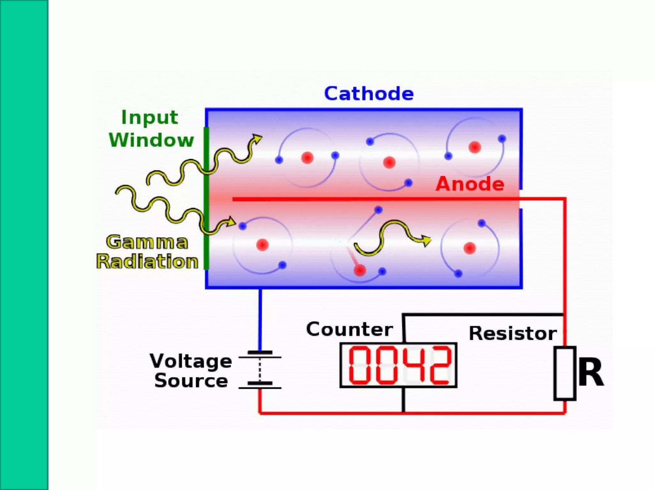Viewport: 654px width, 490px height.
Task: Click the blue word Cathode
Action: [369, 94]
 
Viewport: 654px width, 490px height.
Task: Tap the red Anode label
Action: [470, 184]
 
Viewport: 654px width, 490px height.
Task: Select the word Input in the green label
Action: [149, 117]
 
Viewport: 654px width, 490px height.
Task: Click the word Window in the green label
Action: [151, 140]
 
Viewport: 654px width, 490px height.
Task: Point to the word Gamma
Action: [147, 242]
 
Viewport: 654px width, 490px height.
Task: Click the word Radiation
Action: [147, 262]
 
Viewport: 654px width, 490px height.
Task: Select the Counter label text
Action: [349, 329]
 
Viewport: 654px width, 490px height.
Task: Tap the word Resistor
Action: [513, 333]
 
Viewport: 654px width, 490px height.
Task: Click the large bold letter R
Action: [591, 372]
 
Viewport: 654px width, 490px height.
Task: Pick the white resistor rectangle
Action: [565, 373]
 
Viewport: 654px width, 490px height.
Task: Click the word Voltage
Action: [191, 361]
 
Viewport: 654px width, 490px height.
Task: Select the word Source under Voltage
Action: [191, 381]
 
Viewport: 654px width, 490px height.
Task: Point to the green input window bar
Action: [206, 198]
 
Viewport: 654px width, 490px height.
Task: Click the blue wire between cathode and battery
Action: [260, 319]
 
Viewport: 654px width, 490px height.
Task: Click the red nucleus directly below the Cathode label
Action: [389, 163]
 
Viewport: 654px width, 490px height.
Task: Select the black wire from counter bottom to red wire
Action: [403, 400]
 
